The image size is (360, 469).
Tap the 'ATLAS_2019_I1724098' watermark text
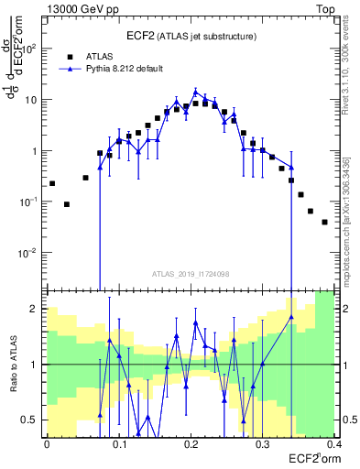(x=191, y=275)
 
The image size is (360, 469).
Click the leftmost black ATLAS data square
(x=52, y=183)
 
